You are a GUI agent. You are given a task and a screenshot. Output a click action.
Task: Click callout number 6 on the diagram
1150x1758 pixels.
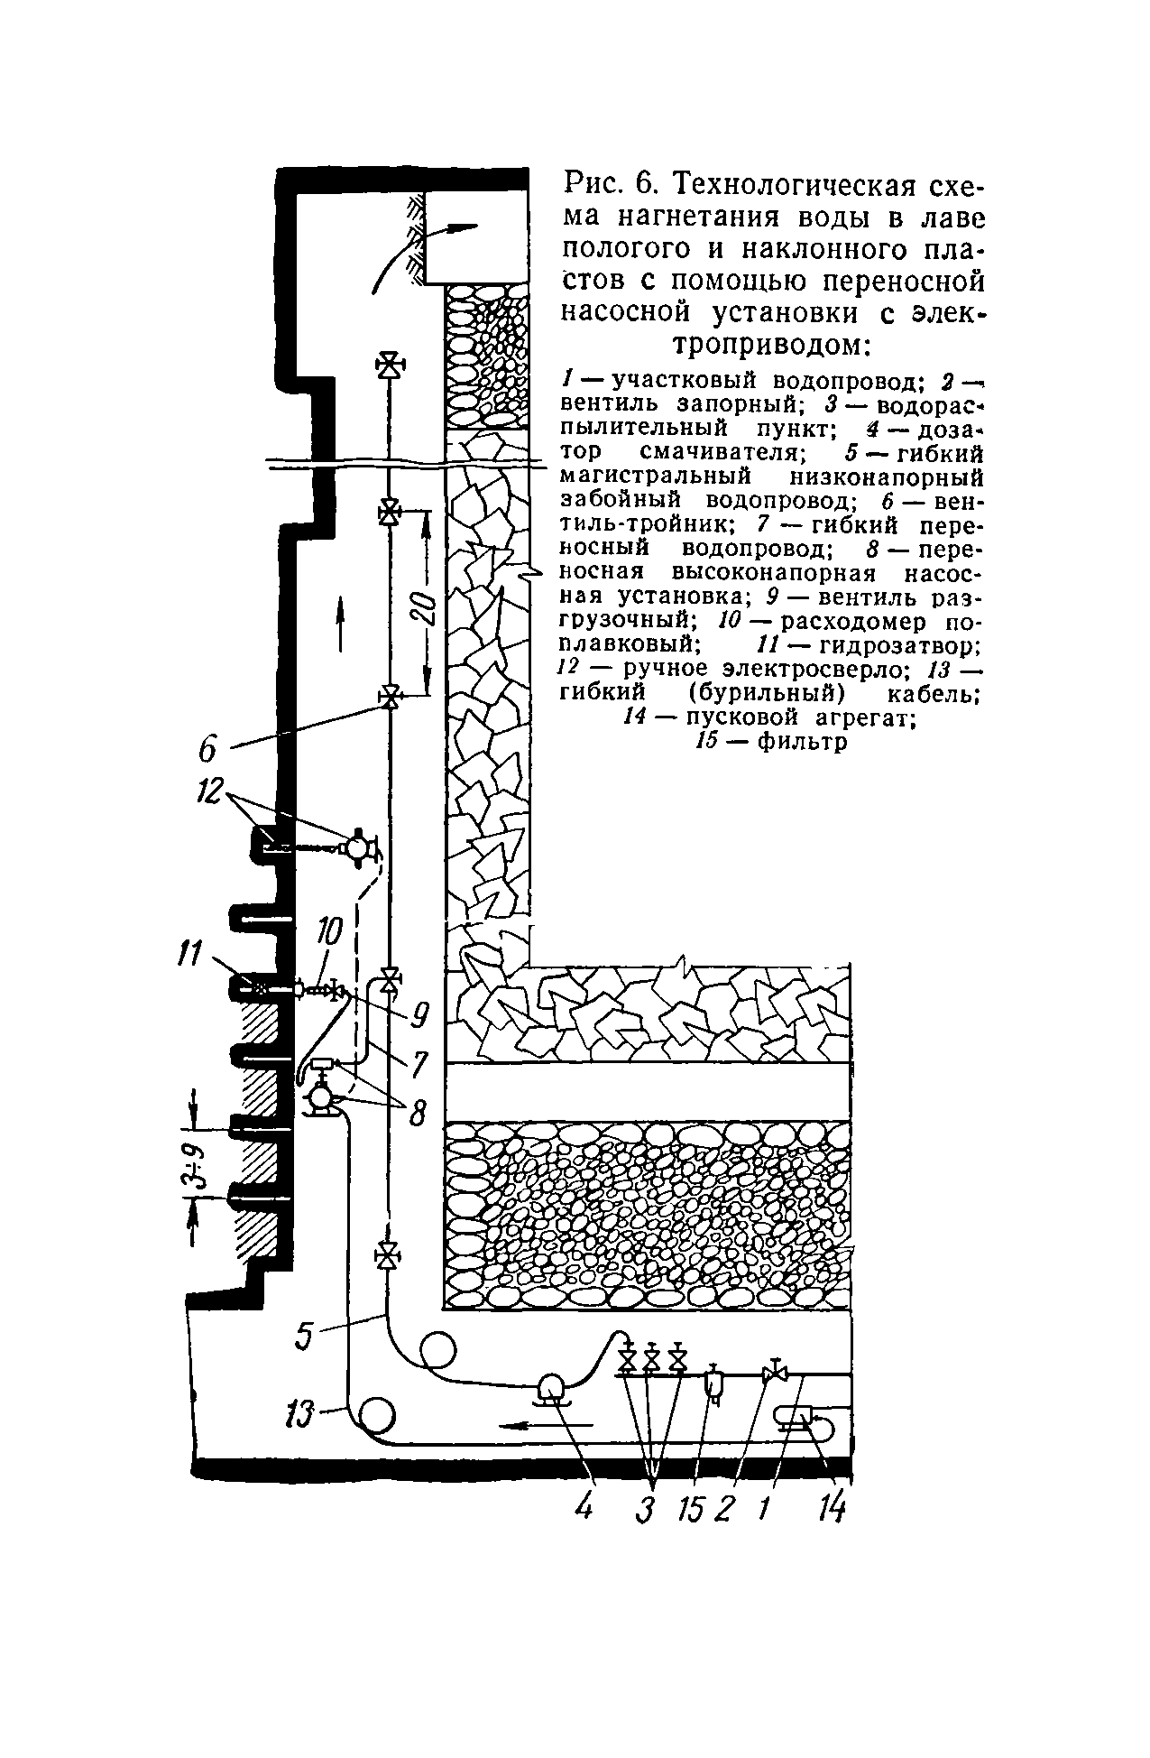[x=208, y=749]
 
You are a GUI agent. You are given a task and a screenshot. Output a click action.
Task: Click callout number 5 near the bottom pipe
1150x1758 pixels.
[x=304, y=1337]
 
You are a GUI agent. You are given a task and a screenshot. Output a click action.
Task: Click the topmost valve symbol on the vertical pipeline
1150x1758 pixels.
[x=390, y=365]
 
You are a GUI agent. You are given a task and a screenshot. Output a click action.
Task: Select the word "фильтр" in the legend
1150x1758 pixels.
[x=802, y=742]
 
